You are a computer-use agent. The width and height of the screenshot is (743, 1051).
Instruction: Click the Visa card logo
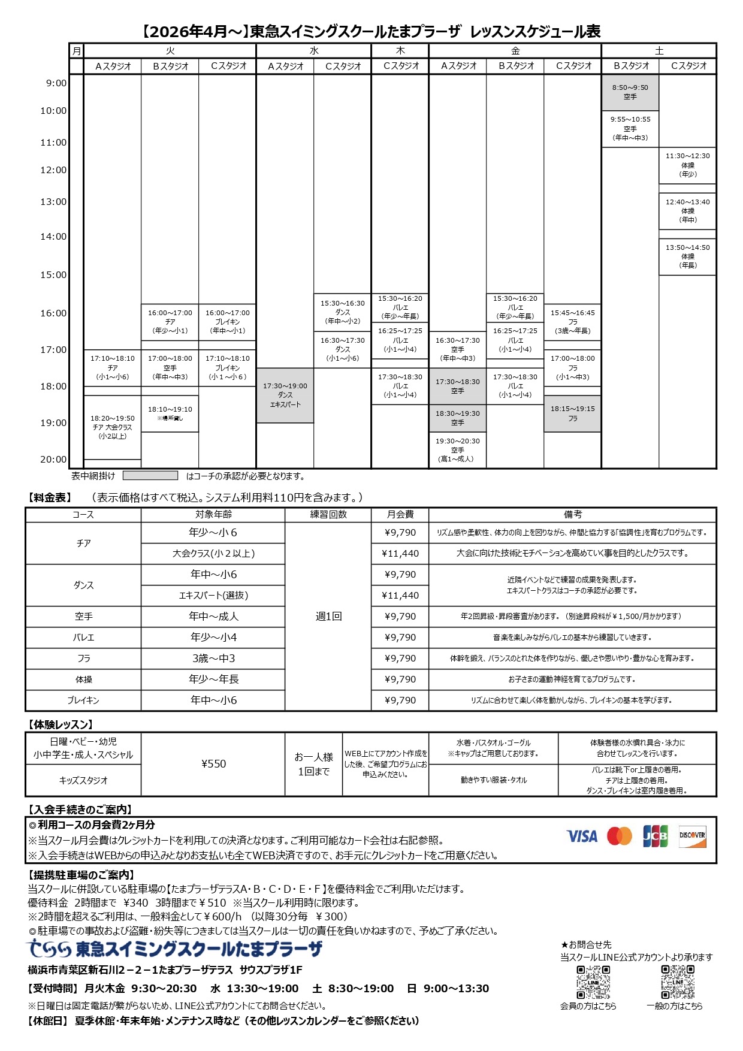click(x=582, y=836)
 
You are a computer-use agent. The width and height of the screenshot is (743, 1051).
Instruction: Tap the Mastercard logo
click(x=619, y=836)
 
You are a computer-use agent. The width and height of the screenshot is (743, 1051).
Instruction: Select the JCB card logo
click(x=655, y=836)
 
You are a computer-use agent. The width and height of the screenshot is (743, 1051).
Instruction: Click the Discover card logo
click(x=692, y=836)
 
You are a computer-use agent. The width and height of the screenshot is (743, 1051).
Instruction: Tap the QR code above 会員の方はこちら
click(x=593, y=982)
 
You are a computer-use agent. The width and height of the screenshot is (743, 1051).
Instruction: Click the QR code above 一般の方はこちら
click(x=678, y=982)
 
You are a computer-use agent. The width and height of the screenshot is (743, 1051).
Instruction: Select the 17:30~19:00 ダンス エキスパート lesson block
click(x=285, y=395)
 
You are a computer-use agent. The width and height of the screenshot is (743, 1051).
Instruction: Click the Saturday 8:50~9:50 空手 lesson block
click(x=630, y=92)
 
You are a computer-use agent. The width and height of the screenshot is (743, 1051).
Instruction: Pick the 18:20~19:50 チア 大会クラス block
click(x=113, y=427)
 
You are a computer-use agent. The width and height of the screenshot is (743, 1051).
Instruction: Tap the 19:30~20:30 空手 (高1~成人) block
click(x=458, y=450)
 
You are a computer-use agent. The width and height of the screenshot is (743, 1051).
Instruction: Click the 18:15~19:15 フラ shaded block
click(x=573, y=413)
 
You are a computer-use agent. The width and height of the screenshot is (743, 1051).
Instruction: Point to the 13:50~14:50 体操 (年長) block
click(x=688, y=256)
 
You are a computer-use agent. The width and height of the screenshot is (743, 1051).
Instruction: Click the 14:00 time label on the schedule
click(x=53, y=237)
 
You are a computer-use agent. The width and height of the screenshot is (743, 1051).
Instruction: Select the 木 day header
click(x=400, y=51)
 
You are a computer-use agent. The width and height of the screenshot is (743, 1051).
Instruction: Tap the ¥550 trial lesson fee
click(x=213, y=764)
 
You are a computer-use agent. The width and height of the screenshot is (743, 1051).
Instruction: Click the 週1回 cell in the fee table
click(x=328, y=617)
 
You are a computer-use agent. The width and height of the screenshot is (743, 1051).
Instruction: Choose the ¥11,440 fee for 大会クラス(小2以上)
click(x=400, y=554)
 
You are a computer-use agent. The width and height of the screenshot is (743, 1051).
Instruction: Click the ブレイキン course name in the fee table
click(x=83, y=700)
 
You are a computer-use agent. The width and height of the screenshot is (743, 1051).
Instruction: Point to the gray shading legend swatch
click(x=150, y=476)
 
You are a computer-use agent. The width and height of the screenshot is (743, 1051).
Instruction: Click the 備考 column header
click(x=572, y=515)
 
